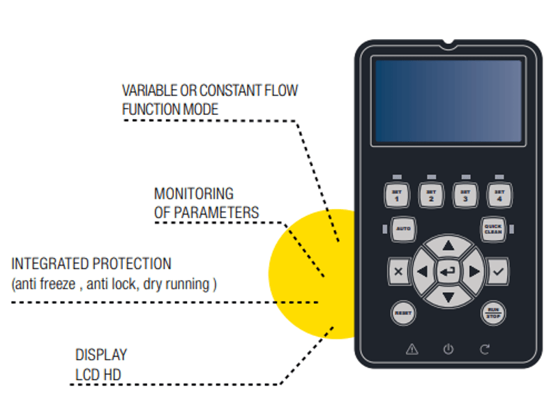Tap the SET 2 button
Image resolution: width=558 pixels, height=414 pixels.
click(431, 194)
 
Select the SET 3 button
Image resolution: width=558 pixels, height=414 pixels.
click(465, 194)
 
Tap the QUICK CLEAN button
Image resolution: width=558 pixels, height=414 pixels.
click(493, 229)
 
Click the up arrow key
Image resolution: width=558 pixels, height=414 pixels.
click(448, 245)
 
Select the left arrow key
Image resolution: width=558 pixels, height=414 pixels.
click(422, 272)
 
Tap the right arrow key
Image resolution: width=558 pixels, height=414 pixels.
click(474, 272)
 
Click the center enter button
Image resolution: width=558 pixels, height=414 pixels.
click(448, 272)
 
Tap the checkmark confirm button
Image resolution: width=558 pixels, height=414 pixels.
click(497, 272)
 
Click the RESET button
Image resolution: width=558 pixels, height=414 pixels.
click(403, 313)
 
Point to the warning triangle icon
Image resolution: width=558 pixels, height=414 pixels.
click(412, 350)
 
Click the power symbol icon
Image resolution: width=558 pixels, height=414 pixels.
click(448, 350)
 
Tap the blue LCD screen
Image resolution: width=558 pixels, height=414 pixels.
click(448, 102)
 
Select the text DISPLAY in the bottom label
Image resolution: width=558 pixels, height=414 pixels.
click(101, 355)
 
